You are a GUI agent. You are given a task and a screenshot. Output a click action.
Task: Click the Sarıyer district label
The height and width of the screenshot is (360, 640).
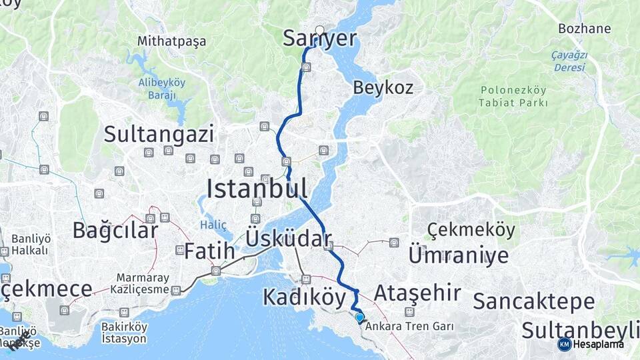[x=320, y=39]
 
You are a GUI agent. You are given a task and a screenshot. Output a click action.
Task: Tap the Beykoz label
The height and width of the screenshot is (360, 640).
[x=383, y=87]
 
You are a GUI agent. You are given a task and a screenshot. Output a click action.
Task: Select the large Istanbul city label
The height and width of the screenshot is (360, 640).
[x=257, y=189]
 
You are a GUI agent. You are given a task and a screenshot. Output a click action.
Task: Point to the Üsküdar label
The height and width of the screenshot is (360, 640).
[x=289, y=239]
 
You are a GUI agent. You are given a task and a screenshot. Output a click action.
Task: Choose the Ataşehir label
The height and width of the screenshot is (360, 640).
[x=417, y=293]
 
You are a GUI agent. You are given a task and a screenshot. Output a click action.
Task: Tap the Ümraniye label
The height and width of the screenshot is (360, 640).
[x=458, y=255]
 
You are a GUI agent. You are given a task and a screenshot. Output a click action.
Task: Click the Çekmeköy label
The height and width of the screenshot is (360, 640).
[x=471, y=231]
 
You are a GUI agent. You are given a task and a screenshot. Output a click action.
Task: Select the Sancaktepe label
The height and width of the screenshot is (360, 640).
[x=533, y=301]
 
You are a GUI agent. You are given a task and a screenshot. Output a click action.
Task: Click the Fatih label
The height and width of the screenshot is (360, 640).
[x=209, y=252]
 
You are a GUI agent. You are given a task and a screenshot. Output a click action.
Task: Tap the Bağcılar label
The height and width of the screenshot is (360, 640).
[x=115, y=231]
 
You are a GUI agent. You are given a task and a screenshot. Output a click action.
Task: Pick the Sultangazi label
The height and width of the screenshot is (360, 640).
[x=159, y=135]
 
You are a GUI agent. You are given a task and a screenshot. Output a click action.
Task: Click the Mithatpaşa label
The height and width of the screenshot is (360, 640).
[x=171, y=41]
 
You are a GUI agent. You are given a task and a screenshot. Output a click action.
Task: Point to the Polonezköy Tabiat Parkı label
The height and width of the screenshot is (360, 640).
[x=513, y=97]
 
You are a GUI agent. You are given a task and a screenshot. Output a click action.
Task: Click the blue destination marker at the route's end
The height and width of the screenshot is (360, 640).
[x=360, y=318]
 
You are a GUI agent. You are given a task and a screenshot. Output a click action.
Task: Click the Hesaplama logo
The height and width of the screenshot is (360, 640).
[x=591, y=344]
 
